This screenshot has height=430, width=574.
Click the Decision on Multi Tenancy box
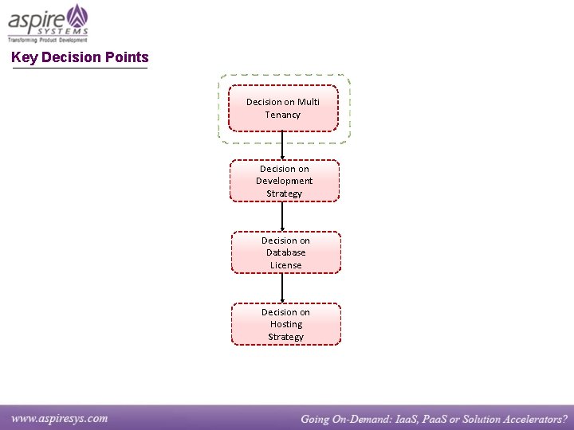(283, 107)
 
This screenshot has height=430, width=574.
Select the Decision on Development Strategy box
(285, 181)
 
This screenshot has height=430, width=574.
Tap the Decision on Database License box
(286, 252)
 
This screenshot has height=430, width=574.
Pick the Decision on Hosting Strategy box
(286, 324)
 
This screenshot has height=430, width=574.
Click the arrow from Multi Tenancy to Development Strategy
(283, 145)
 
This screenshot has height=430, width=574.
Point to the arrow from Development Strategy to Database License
(283, 216)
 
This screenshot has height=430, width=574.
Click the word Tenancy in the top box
(283, 115)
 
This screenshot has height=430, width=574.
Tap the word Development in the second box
(285, 181)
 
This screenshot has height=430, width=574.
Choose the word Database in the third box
(286, 252)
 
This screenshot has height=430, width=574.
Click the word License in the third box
(286, 265)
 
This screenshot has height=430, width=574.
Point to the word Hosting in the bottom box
(286, 324)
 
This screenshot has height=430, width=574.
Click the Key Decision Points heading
(80, 57)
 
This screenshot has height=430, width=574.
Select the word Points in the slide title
(127, 57)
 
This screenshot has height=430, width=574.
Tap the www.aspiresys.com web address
(60, 418)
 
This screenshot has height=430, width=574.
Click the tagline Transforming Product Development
(48, 38)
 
